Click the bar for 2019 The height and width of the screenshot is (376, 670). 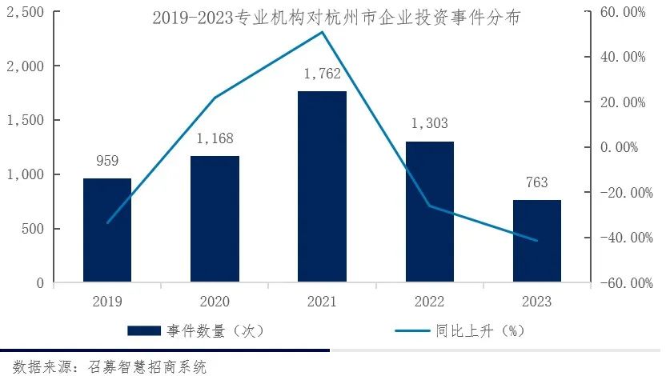(107, 230)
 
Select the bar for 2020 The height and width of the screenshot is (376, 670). (215, 218)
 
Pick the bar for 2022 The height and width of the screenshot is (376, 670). (429, 212)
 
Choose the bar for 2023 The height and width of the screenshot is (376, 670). (536, 241)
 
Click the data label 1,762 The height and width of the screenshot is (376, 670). (322, 74)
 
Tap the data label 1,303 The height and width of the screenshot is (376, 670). (429, 124)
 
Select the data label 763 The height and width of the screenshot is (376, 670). (536, 183)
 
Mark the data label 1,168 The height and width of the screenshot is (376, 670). (215, 139)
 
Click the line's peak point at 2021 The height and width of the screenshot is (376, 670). (322, 32)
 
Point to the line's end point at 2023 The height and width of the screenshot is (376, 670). (536, 241)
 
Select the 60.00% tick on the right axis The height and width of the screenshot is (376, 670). (628, 12)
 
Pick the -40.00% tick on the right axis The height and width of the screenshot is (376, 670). (627, 238)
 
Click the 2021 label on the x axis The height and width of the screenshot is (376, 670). (322, 302)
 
